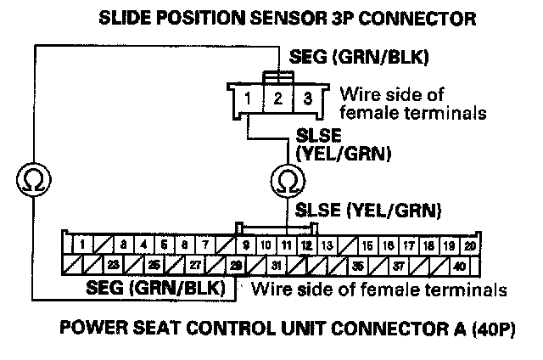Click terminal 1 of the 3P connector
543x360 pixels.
tap(246, 98)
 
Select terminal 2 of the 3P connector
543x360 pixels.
tap(277, 98)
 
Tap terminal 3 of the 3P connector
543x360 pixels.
tap(308, 98)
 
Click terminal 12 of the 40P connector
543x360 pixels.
tap(305, 245)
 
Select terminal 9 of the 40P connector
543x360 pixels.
tap(246, 245)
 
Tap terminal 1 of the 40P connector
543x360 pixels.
tap(81, 245)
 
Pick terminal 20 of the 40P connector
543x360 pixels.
tap(469, 245)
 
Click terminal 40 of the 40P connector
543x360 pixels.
tap(458, 265)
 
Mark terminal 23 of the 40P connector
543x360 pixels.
tap(113, 265)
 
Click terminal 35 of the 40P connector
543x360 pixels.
tap(359, 265)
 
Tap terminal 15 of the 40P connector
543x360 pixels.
tap(367, 245)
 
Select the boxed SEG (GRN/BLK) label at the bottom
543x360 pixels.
tap(160, 289)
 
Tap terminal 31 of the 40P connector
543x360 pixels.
tap(276, 265)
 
